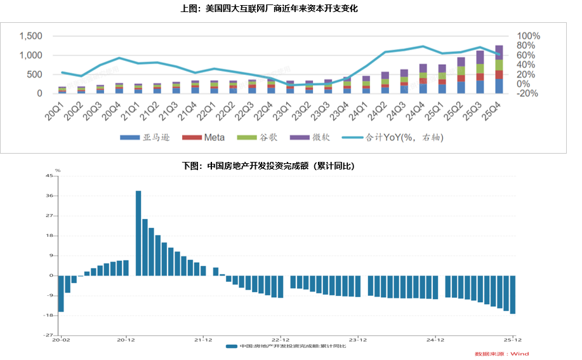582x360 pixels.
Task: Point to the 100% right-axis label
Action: coord(529,36)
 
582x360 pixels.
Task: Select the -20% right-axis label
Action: coord(527,93)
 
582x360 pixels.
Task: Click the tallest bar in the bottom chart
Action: coord(138,233)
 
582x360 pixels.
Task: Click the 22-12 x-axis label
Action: coord(281,340)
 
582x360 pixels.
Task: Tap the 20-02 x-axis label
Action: coord(61,340)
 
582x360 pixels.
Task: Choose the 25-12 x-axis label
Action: coord(512,340)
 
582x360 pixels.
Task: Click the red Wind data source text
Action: coord(501,354)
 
